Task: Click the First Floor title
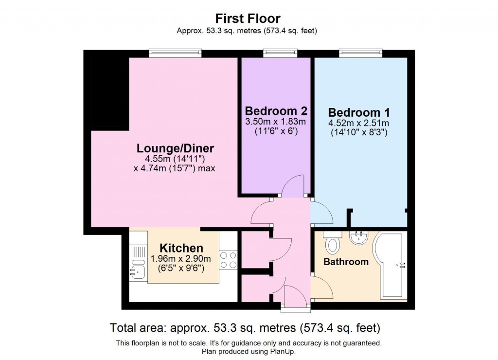[249, 19]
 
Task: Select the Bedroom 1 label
[358, 112]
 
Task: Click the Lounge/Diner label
[175, 148]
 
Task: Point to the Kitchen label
[181, 248]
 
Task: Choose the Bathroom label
[346, 262]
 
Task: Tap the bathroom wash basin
[360, 237]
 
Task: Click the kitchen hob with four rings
[228, 259]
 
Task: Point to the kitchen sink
[137, 268]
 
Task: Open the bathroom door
[321, 288]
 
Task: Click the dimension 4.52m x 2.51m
[358, 123]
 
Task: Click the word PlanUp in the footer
[283, 351]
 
